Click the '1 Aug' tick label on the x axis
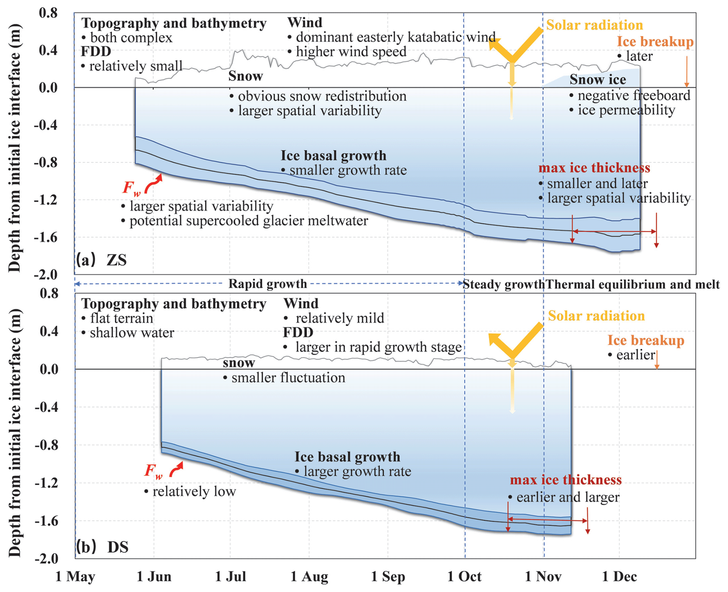(x=309, y=577)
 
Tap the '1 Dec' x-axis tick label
(x=620, y=577)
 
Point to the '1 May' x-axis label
(x=75, y=577)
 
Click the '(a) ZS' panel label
(x=101, y=260)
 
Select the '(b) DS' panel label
(x=102, y=547)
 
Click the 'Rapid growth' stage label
(x=268, y=284)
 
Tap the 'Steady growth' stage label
(x=504, y=284)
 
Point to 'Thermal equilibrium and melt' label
(x=632, y=284)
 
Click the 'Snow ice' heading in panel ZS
(x=598, y=80)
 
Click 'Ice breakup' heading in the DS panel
(x=646, y=340)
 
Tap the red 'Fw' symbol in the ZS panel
(x=131, y=188)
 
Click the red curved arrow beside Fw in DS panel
(x=177, y=470)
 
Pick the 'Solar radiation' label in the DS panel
(x=596, y=316)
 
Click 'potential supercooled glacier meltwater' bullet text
(x=248, y=221)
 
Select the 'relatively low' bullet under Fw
(x=194, y=492)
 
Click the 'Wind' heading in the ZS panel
(x=305, y=23)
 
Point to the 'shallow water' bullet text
(x=132, y=333)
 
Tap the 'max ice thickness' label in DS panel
(x=566, y=480)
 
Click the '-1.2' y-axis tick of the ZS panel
(x=45, y=200)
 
